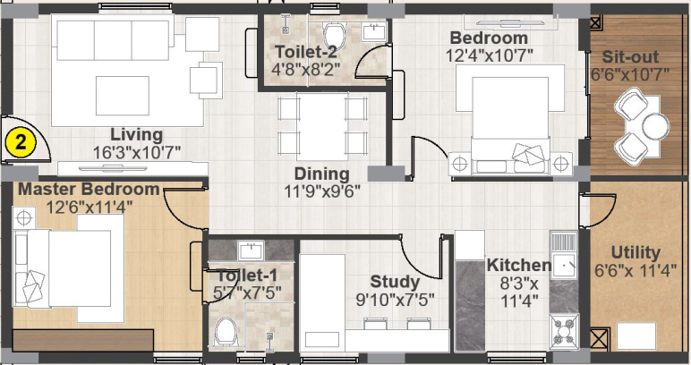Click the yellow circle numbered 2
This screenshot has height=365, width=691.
pyautogui.click(x=20, y=143)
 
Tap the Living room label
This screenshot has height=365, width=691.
pyautogui.click(x=137, y=134)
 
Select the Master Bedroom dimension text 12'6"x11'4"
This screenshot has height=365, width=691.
pyautogui.click(x=89, y=207)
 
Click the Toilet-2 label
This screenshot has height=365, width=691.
pyautogui.click(x=306, y=52)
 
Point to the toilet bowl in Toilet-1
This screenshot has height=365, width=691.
pyautogui.click(x=226, y=331)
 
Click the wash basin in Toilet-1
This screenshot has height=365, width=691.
pyautogui.click(x=251, y=250)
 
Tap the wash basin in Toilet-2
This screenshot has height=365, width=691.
pyautogui.click(x=374, y=32)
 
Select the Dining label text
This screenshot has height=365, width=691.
pyautogui.click(x=321, y=174)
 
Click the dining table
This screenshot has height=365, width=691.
pyautogui.click(x=322, y=126)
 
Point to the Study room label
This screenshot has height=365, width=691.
pyautogui.click(x=395, y=282)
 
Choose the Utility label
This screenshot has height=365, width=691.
pyautogui.click(x=636, y=253)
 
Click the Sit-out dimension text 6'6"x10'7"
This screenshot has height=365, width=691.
pyautogui.click(x=630, y=74)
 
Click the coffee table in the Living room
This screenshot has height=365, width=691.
pyautogui.click(x=123, y=96)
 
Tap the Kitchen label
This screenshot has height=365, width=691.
pyautogui.click(x=519, y=265)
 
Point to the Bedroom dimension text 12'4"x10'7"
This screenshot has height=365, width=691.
pyautogui.click(x=490, y=56)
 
